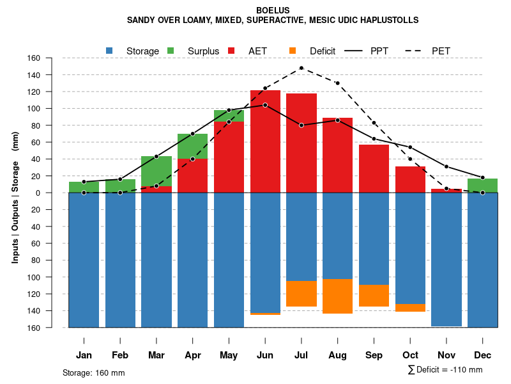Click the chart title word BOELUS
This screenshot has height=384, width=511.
click(x=273, y=10)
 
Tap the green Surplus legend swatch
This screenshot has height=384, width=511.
click(x=171, y=51)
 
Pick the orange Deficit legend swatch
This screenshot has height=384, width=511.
click(x=293, y=51)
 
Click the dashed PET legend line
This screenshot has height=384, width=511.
click(x=411, y=51)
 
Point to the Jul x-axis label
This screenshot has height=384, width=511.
click(x=301, y=355)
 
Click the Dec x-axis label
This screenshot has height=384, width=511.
click(x=482, y=355)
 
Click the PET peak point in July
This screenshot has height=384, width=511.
click(x=301, y=68)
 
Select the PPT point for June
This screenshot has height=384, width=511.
click(x=265, y=105)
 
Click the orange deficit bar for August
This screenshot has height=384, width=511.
click(x=338, y=296)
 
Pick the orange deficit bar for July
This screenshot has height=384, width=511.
click(x=301, y=294)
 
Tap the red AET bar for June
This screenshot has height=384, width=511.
click(x=265, y=141)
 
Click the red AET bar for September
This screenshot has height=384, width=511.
click(x=374, y=168)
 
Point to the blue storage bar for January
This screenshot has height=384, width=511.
click(x=84, y=259)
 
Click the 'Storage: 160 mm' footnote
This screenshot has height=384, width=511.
click(x=94, y=372)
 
